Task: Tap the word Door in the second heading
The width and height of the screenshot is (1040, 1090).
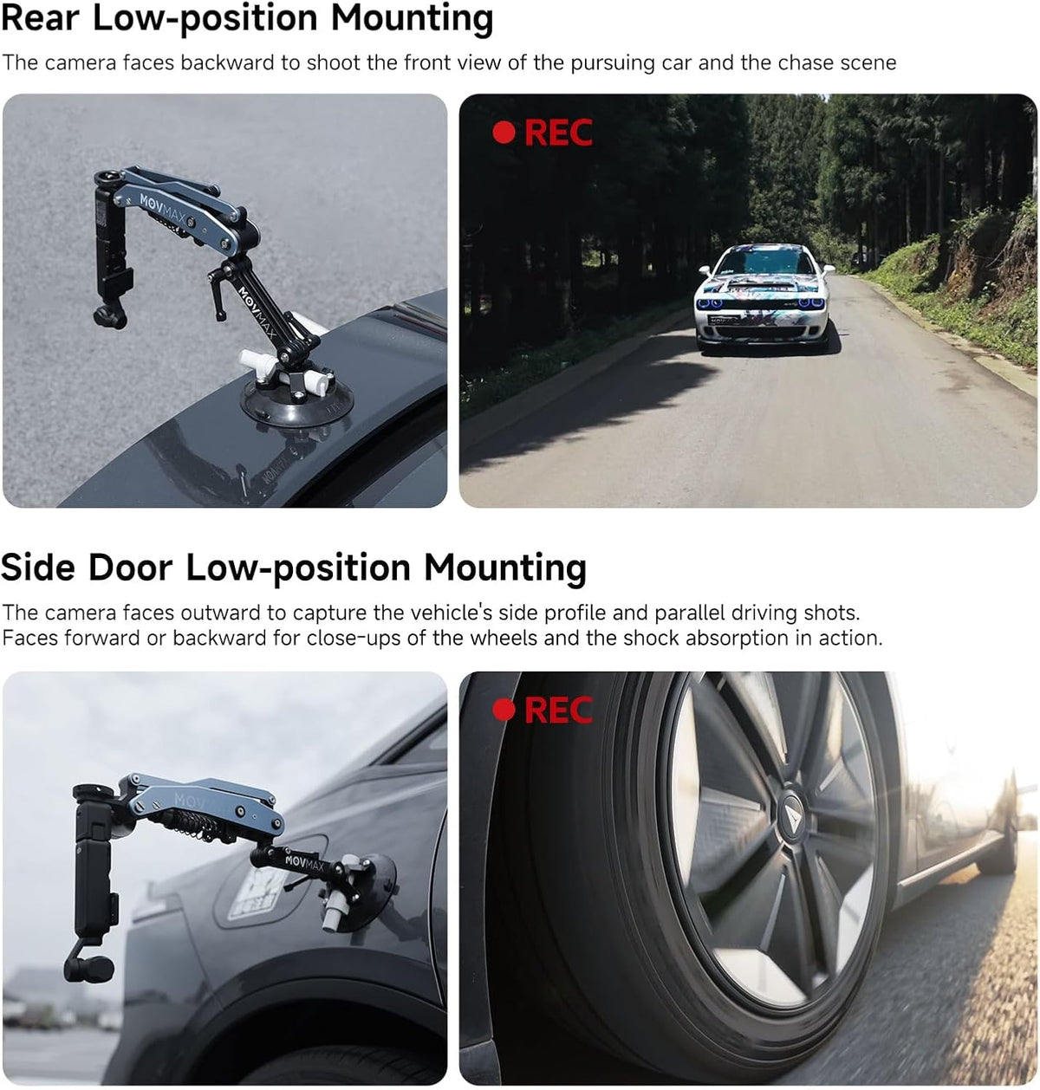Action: pyautogui.click(x=130, y=568)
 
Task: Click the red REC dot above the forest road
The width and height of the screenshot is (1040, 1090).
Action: pyautogui.click(x=504, y=132)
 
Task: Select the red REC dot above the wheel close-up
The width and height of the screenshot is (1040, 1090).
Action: pyautogui.click(x=504, y=710)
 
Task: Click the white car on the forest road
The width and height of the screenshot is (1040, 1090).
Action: pyautogui.click(x=764, y=297)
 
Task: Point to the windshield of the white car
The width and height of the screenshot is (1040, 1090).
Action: pyautogui.click(x=765, y=261)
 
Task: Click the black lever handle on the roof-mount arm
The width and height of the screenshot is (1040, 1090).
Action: pyautogui.click(x=218, y=292)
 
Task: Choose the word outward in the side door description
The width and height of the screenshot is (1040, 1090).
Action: pyautogui.click(x=221, y=613)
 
